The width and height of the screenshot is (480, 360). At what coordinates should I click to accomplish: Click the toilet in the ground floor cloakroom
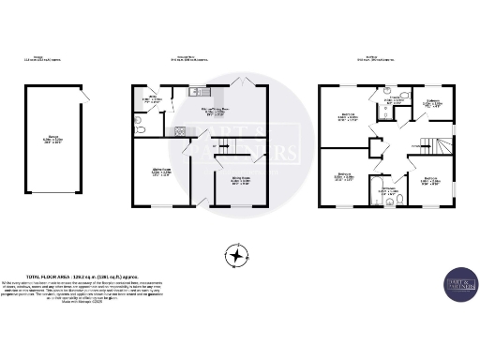point(138,122)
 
